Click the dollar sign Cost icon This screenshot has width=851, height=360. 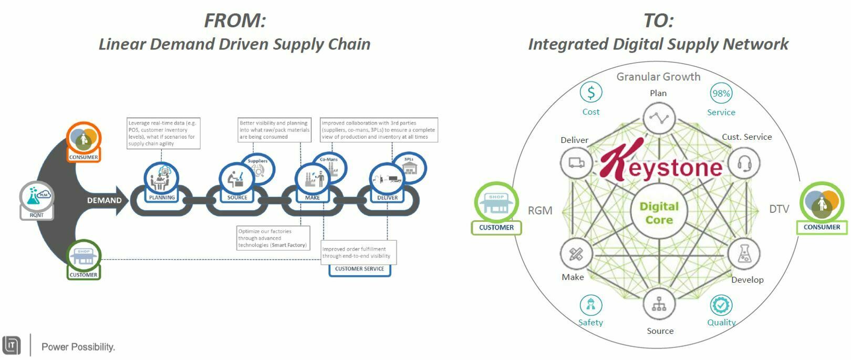point(591,92)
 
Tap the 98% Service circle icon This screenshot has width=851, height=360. point(721,94)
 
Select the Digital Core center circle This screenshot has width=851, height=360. point(659,212)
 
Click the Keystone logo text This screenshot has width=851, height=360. point(661,163)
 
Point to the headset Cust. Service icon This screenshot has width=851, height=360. point(744,163)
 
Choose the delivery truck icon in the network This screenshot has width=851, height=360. point(576,163)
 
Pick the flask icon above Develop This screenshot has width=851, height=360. point(744,254)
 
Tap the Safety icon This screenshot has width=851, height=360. point(591,305)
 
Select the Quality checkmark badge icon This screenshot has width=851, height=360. point(721,305)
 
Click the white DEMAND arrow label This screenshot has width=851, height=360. point(105,200)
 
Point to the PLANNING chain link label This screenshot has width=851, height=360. point(162,198)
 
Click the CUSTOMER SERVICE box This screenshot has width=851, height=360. point(359,269)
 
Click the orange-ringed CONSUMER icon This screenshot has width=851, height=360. point(84,139)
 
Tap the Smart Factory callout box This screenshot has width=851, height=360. point(273,238)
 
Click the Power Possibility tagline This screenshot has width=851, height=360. point(78,347)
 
